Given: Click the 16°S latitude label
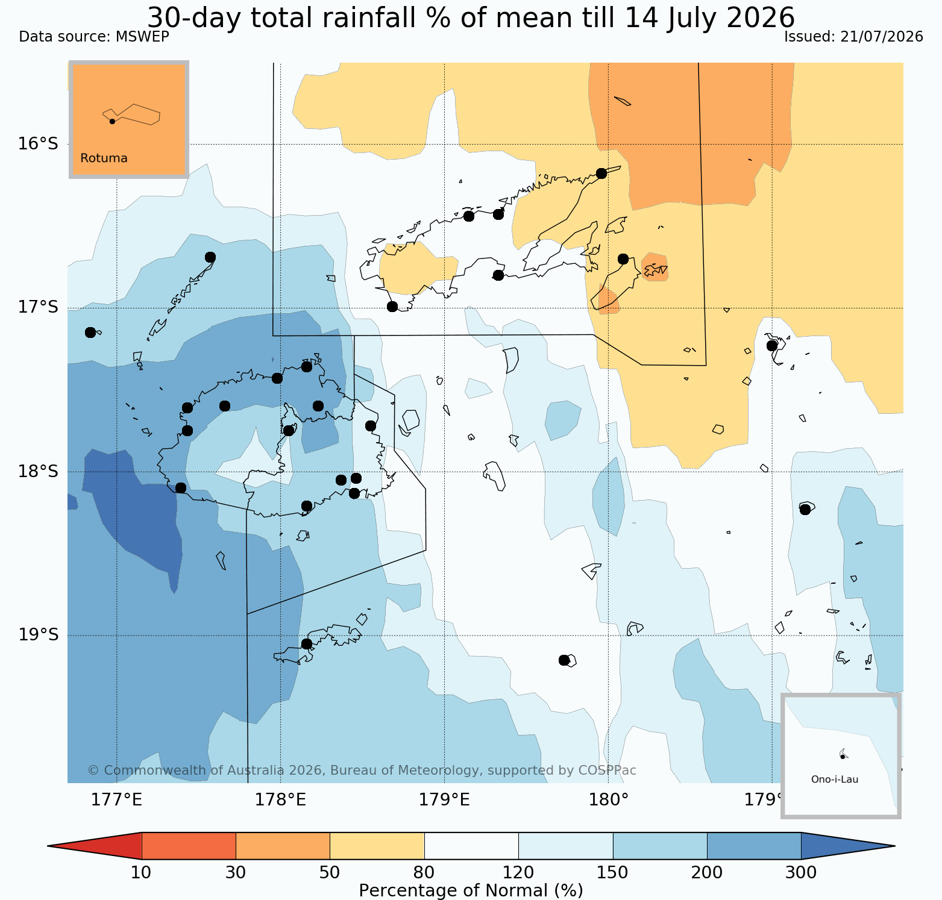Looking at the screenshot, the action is [38, 144].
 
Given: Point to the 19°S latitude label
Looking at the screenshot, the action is [38, 635].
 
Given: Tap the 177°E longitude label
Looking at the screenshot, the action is [117, 800].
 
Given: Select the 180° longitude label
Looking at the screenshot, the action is [609, 800].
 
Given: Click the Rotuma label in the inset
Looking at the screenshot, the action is [104, 158].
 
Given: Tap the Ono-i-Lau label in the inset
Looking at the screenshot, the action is [835, 779].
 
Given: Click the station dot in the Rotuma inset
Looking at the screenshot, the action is [112, 122].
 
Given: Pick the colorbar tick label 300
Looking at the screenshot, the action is [801, 873].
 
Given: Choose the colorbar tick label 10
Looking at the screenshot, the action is [141, 873].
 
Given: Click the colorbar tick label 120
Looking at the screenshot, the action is [518, 873].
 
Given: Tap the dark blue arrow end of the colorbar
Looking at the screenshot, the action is [848, 846].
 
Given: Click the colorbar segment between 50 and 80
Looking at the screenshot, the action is [377, 846].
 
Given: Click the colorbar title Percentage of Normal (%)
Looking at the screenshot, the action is [471, 891].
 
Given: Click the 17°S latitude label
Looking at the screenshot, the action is [38, 308].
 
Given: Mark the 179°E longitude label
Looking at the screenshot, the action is [445, 800].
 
